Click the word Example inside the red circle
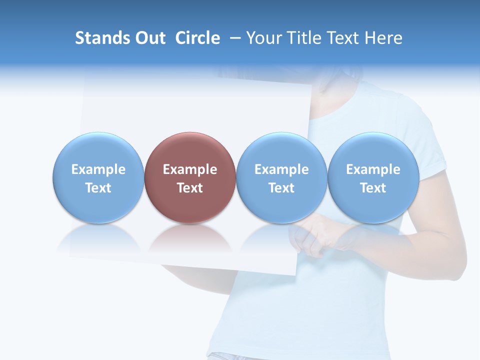[x=190, y=169]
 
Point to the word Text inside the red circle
[x=190, y=188]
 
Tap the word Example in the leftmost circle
[x=98, y=169]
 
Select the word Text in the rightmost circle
[x=373, y=188]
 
